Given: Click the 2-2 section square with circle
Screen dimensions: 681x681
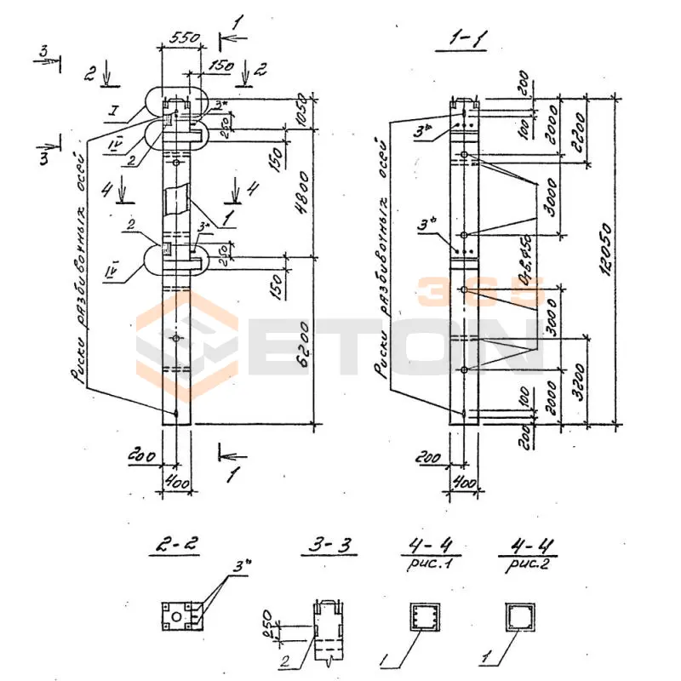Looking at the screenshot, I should (x=181, y=615).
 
